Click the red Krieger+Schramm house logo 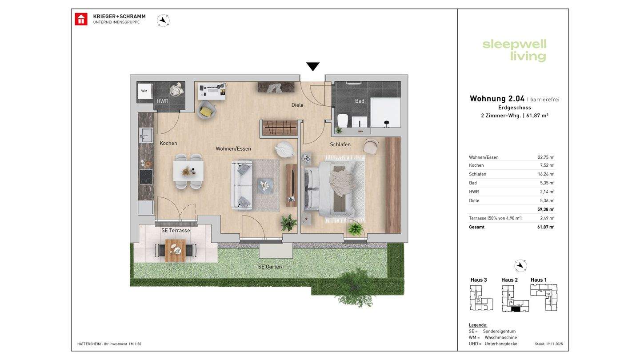coord(81,19)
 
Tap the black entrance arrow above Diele coord(313,66)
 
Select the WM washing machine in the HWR coord(144,91)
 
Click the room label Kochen coord(168,143)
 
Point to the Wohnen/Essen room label coord(233,148)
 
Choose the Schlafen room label coord(340,144)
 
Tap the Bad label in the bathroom coord(360,101)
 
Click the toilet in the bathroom coord(342,120)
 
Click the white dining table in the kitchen coord(188,171)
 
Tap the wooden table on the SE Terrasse coord(176,251)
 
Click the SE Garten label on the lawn coord(270,267)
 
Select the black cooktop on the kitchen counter coord(146,177)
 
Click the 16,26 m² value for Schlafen coord(546,174)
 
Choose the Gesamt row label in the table coord(476,227)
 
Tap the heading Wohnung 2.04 coord(497,99)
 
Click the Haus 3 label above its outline coord(479,280)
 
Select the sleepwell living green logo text coord(514,51)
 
